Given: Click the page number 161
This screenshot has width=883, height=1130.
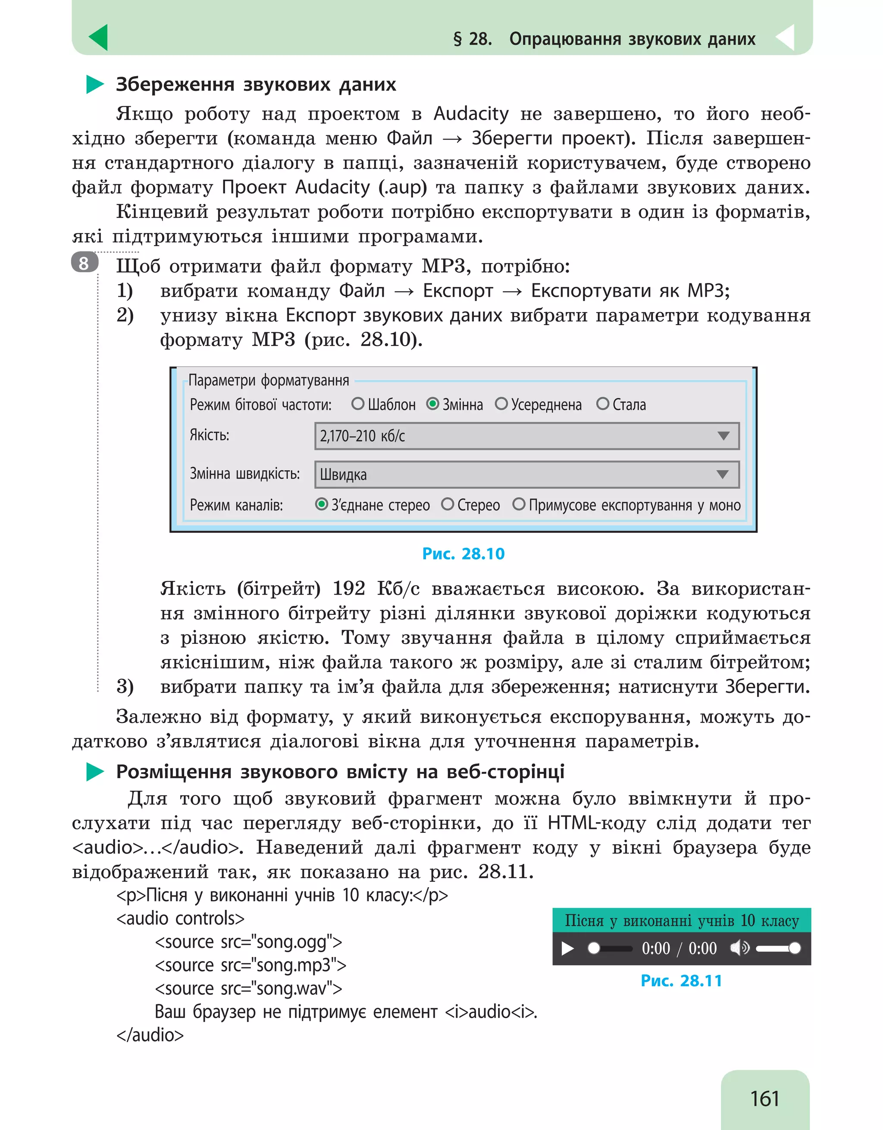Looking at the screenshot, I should [x=764, y=1098].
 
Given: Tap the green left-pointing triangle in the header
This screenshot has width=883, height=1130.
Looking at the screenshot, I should [x=99, y=38].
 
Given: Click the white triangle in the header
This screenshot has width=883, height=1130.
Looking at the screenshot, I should [x=786, y=38].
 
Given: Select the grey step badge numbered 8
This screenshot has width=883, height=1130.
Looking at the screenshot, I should [x=85, y=263].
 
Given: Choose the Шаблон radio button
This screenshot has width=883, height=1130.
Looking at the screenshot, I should [x=358, y=404].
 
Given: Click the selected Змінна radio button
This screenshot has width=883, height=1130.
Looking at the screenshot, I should [x=432, y=404].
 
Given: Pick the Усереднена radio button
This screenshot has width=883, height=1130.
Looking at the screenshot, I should [x=501, y=404].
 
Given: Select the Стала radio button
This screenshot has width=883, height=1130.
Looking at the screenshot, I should [x=602, y=404].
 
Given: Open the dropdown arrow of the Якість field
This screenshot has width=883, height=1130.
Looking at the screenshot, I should [x=723, y=436].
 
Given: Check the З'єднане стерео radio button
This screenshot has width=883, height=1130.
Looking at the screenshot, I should [x=322, y=504].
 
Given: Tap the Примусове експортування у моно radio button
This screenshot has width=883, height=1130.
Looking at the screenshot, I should [x=518, y=504].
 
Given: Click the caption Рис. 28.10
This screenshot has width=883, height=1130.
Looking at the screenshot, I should [x=463, y=554].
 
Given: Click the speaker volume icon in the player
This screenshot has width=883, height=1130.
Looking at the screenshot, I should [x=739, y=948].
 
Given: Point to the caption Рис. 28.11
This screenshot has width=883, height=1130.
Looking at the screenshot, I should [x=681, y=981].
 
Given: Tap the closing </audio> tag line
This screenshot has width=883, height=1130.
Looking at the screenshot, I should [x=150, y=1035].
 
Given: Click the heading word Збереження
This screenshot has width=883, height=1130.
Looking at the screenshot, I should [x=175, y=84].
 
